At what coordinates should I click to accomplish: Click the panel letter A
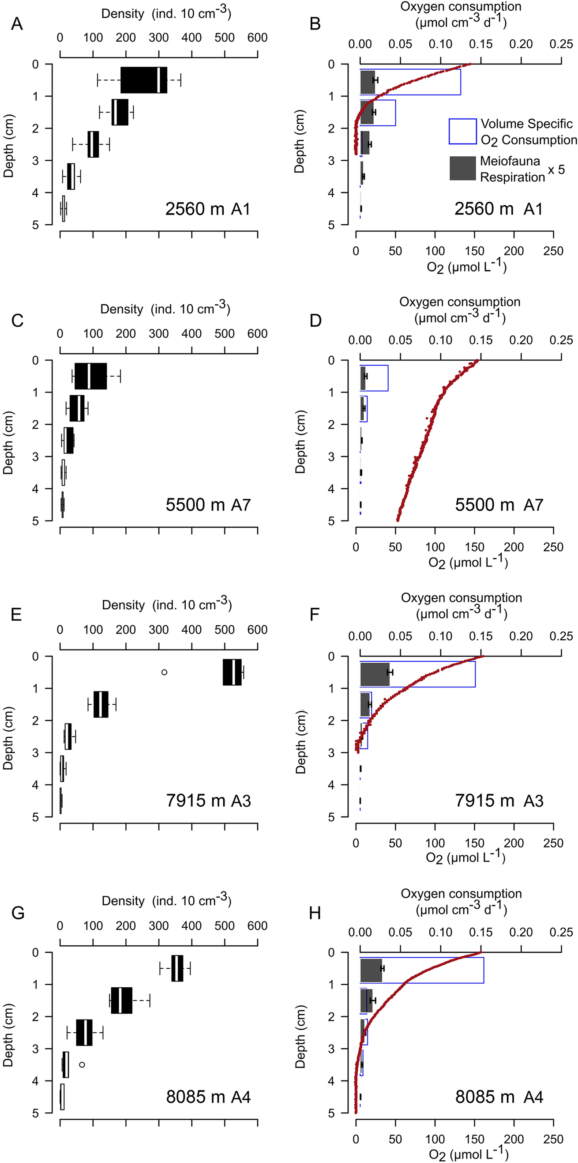(17, 23)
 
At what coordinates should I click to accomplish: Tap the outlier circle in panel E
(164, 672)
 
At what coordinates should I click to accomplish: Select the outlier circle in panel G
(82, 1065)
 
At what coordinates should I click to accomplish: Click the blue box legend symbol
(462, 132)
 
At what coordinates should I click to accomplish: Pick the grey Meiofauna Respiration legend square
(462, 168)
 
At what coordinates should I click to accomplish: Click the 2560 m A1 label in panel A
(207, 209)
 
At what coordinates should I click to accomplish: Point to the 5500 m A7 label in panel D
(499, 505)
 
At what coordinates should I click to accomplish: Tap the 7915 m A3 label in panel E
(208, 801)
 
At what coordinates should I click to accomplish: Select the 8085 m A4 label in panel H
(499, 1097)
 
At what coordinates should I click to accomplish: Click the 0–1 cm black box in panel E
(233, 672)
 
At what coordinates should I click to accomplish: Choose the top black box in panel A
(143, 80)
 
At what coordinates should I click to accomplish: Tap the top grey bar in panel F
(375, 674)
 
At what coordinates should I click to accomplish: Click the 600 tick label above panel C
(257, 334)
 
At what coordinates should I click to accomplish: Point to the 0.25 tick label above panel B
(561, 44)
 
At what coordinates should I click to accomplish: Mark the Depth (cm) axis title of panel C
(8, 442)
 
